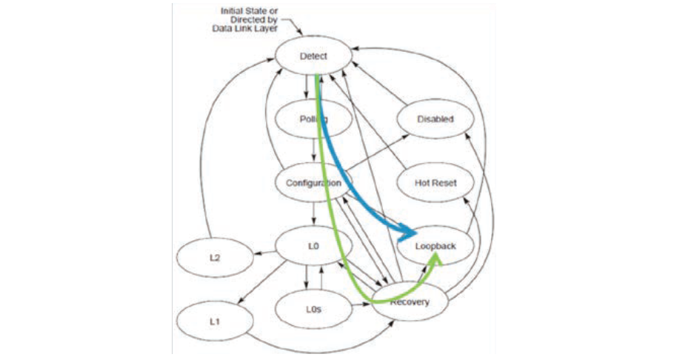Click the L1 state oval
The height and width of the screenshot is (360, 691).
click(x=214, y=321)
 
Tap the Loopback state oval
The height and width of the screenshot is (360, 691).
click(x=435, y=245)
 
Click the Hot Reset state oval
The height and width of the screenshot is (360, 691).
click(x=435, y=182)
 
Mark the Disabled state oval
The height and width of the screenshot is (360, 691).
click(x=435, y=119)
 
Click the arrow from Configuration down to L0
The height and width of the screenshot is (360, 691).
click(x=314, y=216)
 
